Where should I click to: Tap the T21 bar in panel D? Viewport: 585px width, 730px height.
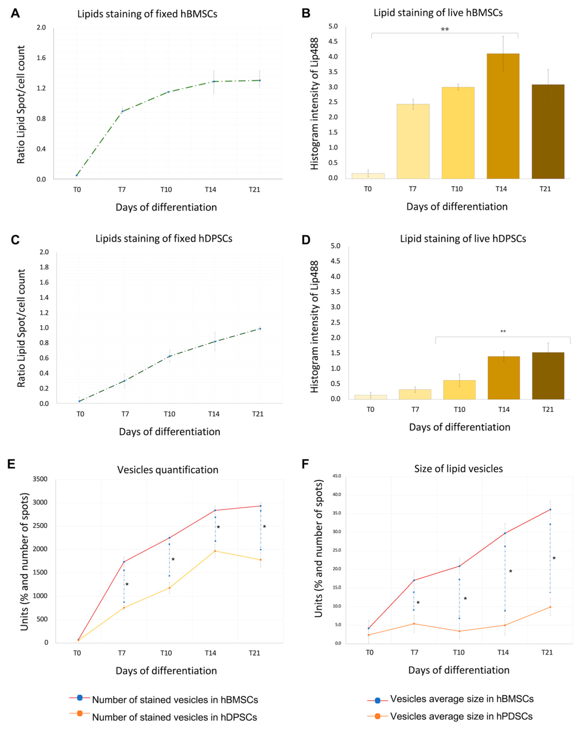(548, 376)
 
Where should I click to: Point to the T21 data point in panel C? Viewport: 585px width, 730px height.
(260, 329)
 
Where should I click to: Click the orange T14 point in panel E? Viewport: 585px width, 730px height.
(215, 551)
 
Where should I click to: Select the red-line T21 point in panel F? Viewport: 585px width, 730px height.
(550, 509)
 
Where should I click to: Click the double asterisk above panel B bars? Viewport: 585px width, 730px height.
(445, 30)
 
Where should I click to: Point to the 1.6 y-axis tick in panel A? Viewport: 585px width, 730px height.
(41, 58)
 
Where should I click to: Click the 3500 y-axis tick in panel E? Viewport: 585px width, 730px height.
(40, 479)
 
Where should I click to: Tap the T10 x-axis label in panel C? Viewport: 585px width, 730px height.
(169, 414)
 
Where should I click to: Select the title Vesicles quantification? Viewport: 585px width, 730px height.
(168, 470)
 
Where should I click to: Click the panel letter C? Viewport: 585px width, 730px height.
(15, 240)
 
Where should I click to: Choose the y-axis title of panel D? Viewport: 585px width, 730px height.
(314, 326)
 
